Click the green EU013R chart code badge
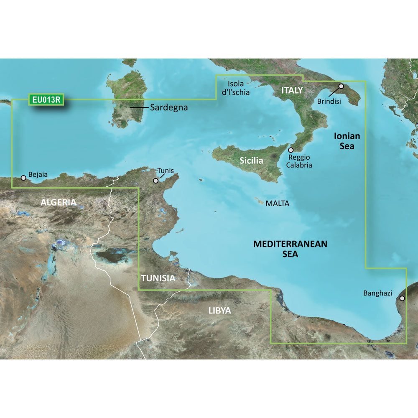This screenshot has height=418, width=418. (x=46, y=99)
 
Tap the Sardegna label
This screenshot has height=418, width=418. (x=168, y=107)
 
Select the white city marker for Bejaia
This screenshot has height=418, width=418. (x=23, y=178)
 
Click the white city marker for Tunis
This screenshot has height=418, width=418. (x=155, y=181)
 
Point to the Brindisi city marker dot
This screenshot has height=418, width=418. (x=341, y=86)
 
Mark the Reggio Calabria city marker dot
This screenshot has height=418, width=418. (x=291, y=150)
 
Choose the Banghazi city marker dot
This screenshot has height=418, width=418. (x=402, y=298)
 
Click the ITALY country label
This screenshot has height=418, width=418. (x=292, y=90)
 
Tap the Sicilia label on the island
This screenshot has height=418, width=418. (x=251, y=160)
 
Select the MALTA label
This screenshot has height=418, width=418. (x=277, y=204)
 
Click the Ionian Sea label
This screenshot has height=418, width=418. (x=347, y=141)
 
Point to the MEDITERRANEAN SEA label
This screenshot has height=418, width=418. (x=291, y=248)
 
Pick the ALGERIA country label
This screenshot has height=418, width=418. (x=58, y=203)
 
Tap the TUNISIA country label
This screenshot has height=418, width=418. (x=158, y=278)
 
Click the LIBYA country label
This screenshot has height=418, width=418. (x=219, y=311)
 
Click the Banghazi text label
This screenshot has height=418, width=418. (x=378, y=293)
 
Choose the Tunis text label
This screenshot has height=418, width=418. (x=166, y=171)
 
